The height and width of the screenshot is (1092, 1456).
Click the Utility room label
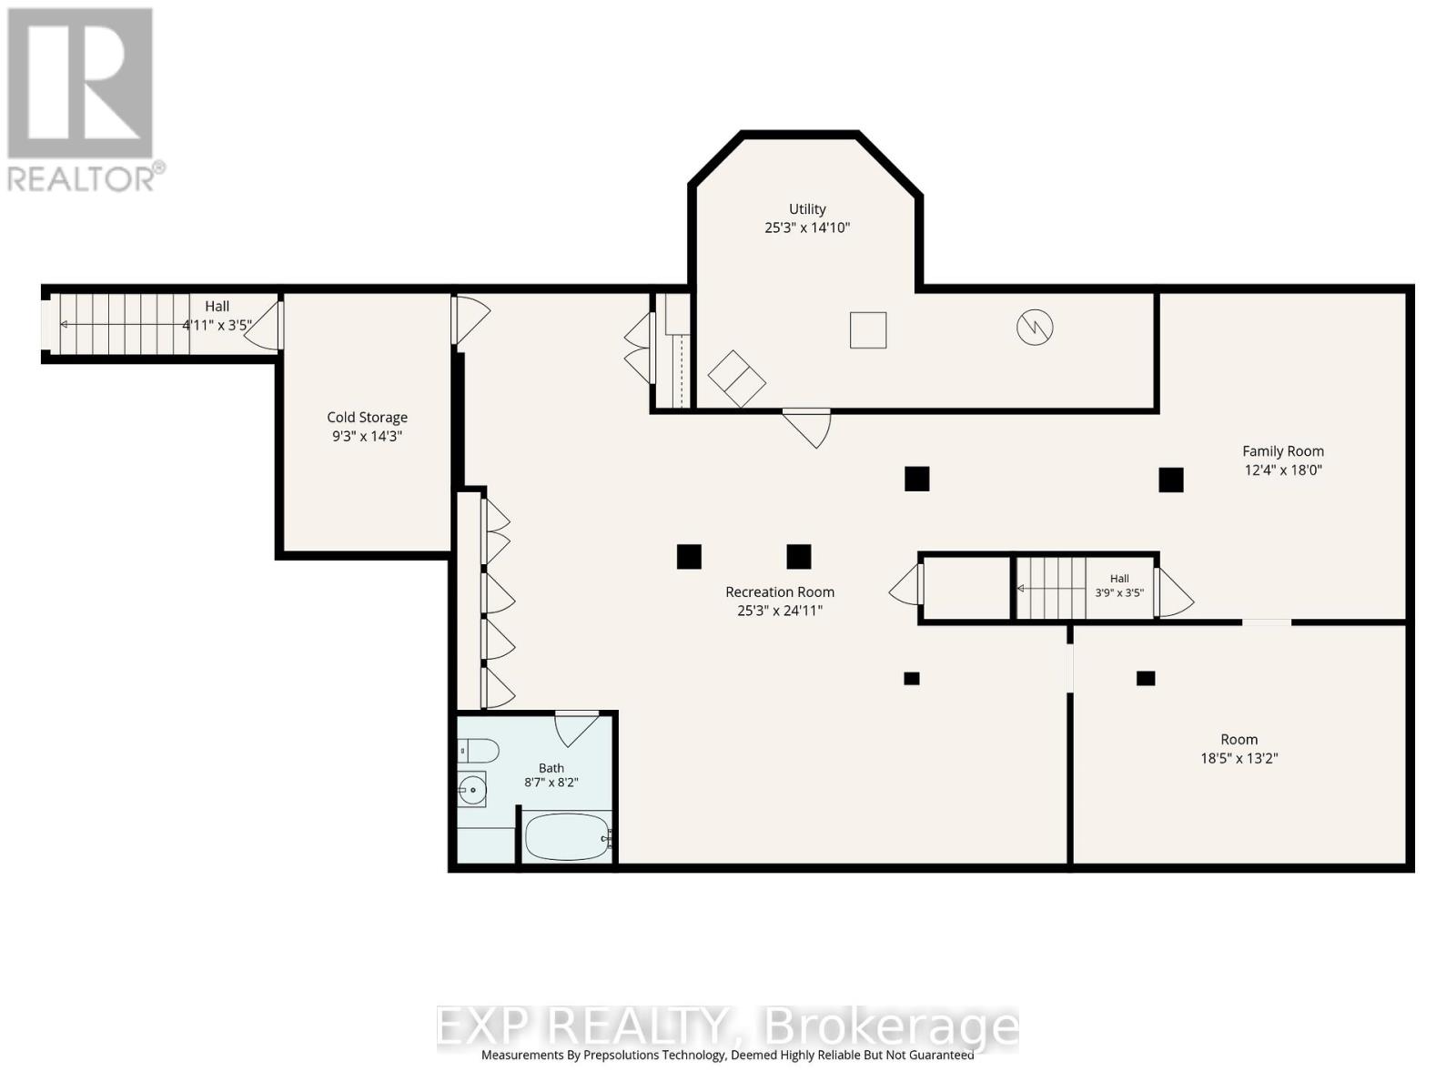[x=806, y=209]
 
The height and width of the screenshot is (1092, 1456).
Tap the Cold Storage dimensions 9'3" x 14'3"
[x=367, y=436]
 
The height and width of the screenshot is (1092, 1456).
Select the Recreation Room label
[x=779, y=591]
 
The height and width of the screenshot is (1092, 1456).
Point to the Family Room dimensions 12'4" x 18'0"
[x=1282, y=470]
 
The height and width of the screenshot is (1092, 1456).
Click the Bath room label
[x=551, y=768]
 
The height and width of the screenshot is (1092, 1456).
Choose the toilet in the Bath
[x=479, y=752]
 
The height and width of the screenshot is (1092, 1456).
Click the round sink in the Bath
[x=472, y=790]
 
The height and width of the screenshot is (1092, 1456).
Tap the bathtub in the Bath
[x=568, y=837]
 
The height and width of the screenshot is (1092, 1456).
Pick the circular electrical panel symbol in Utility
[x=1034, y=328]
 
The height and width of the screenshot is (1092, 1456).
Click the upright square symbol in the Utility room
[x=867, y=330]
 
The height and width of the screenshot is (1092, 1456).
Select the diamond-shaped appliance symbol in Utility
[x=736, y=378]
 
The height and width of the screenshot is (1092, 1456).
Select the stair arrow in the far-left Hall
[x=125, y=324]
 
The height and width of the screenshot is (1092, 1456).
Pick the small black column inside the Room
[x=1146, y=678]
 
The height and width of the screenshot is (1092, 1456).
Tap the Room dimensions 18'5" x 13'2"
[x=1239, y=758]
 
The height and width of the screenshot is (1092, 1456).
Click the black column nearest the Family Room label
[x=1171, y=480]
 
